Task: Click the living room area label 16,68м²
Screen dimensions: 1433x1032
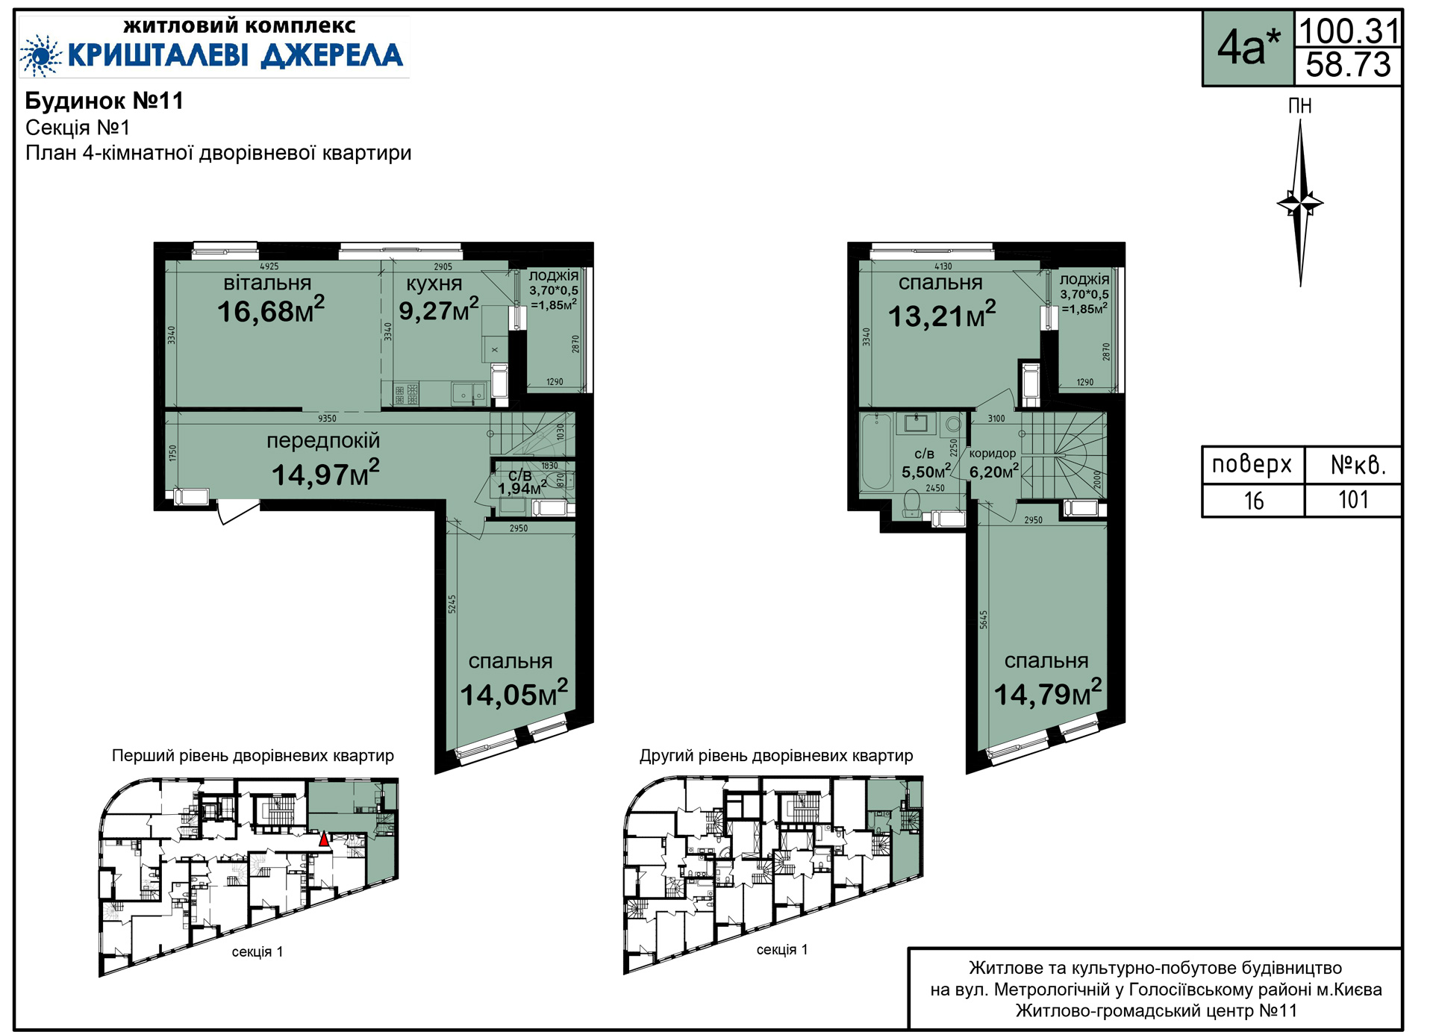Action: tap(271, 310)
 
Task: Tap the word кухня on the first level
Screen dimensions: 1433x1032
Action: tap(434, 284)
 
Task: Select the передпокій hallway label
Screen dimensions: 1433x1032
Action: tap(323, 441)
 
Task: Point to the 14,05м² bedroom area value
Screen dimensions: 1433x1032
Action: tap(513, 694)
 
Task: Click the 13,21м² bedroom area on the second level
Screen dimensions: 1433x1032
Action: tap(942, 315)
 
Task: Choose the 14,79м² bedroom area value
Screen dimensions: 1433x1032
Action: tap(1048, 693)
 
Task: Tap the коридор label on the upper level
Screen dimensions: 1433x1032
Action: tap(993, 454)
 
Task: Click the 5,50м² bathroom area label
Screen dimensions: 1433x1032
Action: tap(926, 472)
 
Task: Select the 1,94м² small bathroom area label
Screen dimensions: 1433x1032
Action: tap(522, 489)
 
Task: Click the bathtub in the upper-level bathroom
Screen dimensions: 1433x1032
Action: tap(876, 453)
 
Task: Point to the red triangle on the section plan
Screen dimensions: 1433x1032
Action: tap(323, 839)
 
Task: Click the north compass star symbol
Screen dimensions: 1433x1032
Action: tap(1300, 203)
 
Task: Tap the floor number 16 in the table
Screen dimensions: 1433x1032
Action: tap(1254, 501)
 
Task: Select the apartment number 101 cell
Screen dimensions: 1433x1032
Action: tap(1353, 500)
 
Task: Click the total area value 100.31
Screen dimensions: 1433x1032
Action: tap(1349, 31)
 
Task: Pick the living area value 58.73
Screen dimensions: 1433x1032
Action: tap(1349, 66)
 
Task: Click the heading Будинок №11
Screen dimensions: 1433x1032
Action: tap(104, 101)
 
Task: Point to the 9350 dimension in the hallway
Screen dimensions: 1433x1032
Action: tap(327, 419)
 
